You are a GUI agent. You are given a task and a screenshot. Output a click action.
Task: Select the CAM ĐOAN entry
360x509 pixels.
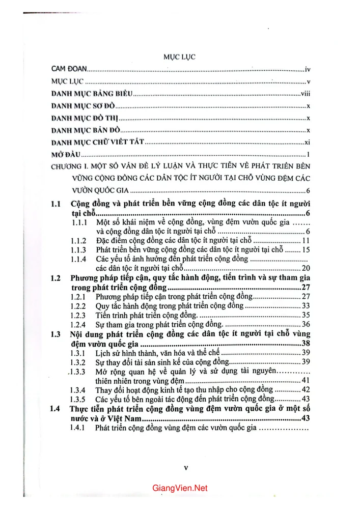70,68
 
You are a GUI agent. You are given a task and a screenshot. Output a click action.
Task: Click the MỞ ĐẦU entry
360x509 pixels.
66,154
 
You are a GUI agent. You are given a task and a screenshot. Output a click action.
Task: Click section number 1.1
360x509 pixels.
57,204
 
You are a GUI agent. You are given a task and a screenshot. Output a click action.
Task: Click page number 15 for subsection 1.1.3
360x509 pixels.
306,250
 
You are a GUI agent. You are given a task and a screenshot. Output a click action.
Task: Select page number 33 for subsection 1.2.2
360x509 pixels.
306,306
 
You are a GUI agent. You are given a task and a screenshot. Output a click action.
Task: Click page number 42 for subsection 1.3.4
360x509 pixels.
306,390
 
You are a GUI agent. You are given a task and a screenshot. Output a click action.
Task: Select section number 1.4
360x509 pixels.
57,409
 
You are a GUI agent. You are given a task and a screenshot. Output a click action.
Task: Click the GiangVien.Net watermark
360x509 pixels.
180,488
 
